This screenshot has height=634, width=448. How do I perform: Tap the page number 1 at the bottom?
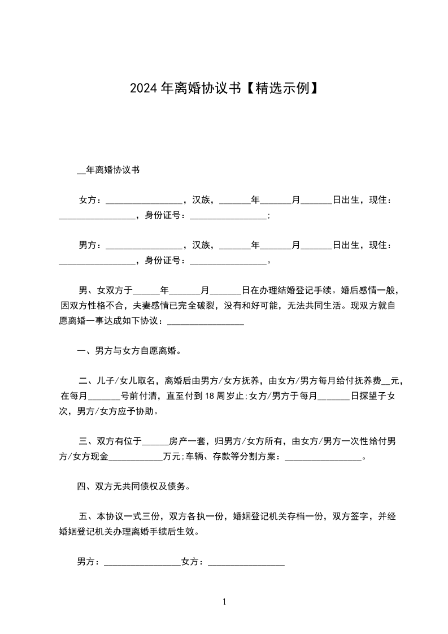(x=224, y=602)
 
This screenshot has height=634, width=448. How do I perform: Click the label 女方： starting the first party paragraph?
(x=90, y=200)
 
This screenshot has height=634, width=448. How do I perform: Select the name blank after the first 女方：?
(x=144, y=201)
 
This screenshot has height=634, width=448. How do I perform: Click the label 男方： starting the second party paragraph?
(x=90, y=245)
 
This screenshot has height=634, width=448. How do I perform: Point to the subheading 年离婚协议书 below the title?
(x=112, y=170)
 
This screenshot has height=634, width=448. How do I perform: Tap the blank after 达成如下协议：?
(x=206, y=322)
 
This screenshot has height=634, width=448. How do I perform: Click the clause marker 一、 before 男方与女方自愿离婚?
(x=85, y=351)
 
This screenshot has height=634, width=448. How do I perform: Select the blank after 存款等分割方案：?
(x=323, y=457)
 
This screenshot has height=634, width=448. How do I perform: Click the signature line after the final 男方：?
(x=142, y=563)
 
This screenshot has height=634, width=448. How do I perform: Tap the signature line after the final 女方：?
(x=246, y=563)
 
